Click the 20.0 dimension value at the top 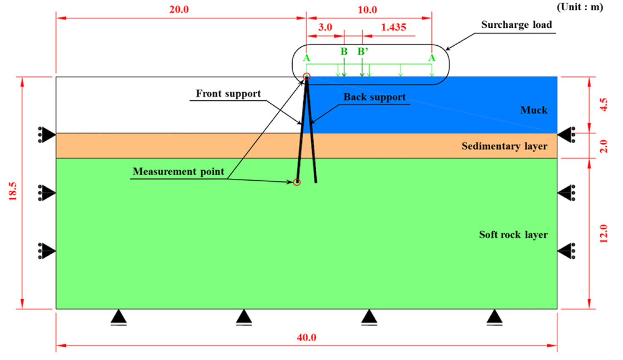pyautogui.click(x=179, y=9)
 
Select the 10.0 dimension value pyautogui.click(x=367, y=10)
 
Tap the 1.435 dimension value pyautogui.click(x=393, y=27)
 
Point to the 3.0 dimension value pyautogui.click(x=325, y=27)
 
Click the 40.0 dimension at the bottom pyautogui.click(x=306, y=337)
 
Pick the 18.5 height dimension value pyautogui.click(x=13, y=191)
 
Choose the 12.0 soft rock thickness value pyautogui.click(x=603, y=234)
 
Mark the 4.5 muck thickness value pyautogui.click(x=603, y=105)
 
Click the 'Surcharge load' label pyautogui.click(x=516, y=25)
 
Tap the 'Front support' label pyautogui.click(x=228, y=94)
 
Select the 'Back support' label pyautogui.click(x=374, y=97)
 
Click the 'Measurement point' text pyautogui.click(x=178, y=171)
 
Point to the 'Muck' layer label pyautogui.click(x=533, y=110)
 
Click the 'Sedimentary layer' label pyautogui.click(x=504, y=146)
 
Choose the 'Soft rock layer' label pyautogui.click(x=513, y=235)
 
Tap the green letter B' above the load pyautogui.click(x=363, y=52)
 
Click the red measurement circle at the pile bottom pyautogui.click(x=297, y=182)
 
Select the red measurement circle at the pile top pyautogui.click(x=306, y=77)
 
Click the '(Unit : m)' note pyautogui.click(x=579, y=7)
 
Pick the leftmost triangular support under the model pyautogui.click(x=119, y=317)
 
